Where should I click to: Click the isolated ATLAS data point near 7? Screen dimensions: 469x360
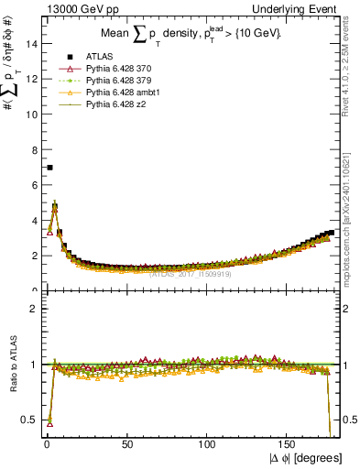pyautogui.click(x=49, y=168)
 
